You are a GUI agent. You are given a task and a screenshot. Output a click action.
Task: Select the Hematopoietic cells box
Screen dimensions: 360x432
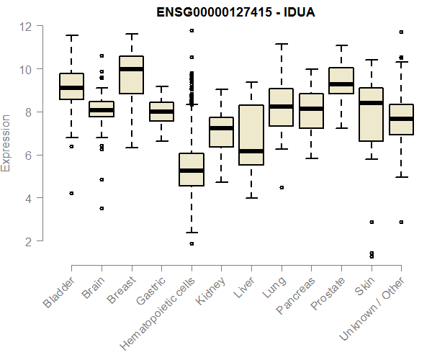tap(192, 170)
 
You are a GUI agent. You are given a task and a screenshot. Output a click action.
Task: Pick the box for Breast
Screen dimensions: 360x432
tap(131, 75)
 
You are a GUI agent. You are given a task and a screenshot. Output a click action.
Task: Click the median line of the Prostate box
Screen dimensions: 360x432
tap(341, 84)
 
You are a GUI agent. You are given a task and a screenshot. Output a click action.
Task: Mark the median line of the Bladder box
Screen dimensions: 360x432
tap(71, 88)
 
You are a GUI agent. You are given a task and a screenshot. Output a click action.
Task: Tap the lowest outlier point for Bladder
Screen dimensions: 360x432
tap(71, 193)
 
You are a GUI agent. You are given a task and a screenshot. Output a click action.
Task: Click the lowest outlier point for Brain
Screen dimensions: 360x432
tap(102, 208)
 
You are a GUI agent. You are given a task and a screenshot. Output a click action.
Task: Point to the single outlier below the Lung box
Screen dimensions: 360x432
tap(282, 187)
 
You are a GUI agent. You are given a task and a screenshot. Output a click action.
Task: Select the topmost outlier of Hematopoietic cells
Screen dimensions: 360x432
tap(192, 30)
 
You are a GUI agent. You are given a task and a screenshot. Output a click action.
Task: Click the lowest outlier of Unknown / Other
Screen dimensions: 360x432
tap(401, 222)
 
